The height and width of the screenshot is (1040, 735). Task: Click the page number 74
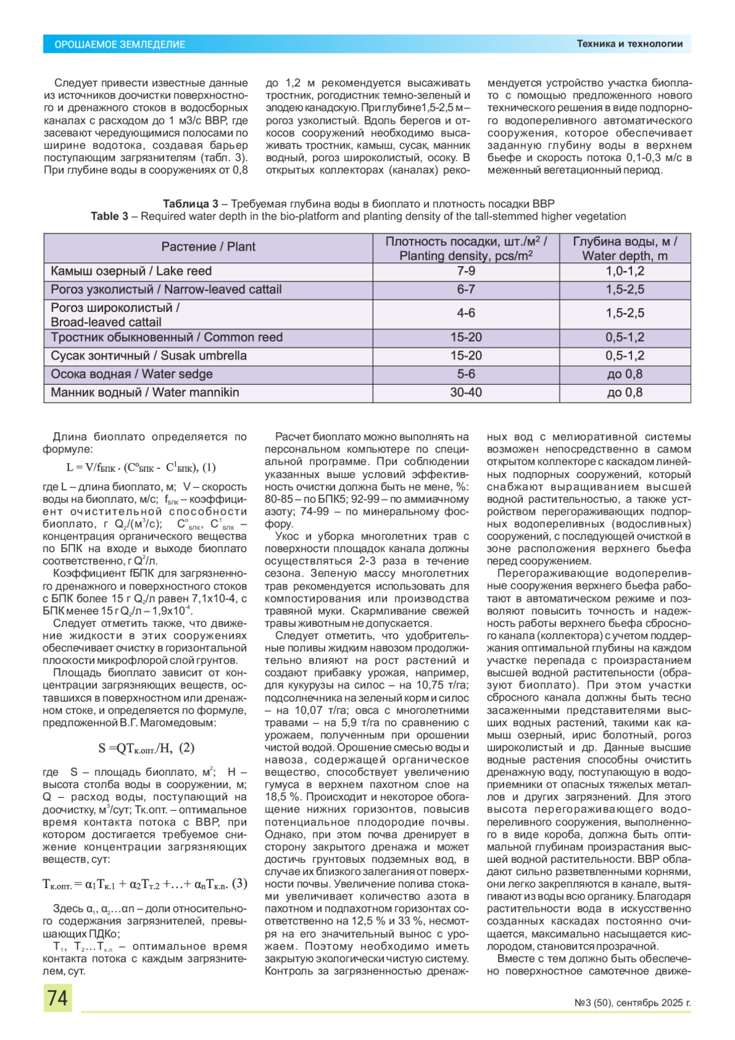[x=58, y=998]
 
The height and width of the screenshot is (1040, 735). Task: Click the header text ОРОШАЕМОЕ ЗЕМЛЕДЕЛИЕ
[x=119, y=44]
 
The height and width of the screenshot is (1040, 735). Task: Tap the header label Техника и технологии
[x=629, y=44]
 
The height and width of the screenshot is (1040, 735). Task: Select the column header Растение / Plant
[x=208, y=247]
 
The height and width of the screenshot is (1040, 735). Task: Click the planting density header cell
[x=466, y=248]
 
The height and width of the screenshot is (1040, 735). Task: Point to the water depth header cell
[x=625, y=248]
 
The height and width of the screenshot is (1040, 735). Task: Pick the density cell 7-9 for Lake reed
[x=466, y=271]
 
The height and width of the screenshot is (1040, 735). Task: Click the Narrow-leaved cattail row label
[x=166, y=289]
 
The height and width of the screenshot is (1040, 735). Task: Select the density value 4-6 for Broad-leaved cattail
[x=466, y=313]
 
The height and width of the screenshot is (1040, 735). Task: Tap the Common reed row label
[x=167, y=337]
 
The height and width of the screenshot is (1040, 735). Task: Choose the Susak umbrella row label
[x=149, y=355]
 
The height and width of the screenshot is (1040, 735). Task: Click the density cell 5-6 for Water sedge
[x=466, y=374]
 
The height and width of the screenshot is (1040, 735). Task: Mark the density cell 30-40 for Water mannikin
[x=466, y=392]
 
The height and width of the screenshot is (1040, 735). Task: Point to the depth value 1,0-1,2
[x=625, y=271]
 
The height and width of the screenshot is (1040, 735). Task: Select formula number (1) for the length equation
[x=208, y=467]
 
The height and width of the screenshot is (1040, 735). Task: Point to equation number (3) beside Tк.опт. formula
[x=239, y=884]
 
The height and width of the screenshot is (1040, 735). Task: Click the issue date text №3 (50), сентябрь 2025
[x=632, y=1003]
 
